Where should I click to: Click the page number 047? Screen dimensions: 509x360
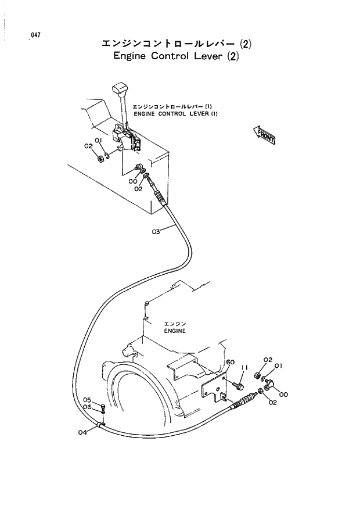36,35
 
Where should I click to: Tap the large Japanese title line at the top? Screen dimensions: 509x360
178,44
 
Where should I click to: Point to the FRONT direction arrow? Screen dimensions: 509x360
265,135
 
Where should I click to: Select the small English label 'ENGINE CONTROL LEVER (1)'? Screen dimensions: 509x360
175,114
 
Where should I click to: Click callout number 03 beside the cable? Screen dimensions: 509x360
156,232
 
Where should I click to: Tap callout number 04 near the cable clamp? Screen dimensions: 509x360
82,432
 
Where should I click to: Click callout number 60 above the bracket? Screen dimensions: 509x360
230,362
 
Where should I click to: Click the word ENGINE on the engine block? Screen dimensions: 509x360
174,331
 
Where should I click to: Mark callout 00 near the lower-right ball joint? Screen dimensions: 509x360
283,395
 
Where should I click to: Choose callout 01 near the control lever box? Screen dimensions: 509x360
98,141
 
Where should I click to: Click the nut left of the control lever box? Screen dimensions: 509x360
100,157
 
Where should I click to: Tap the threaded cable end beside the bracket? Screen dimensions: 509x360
244,400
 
